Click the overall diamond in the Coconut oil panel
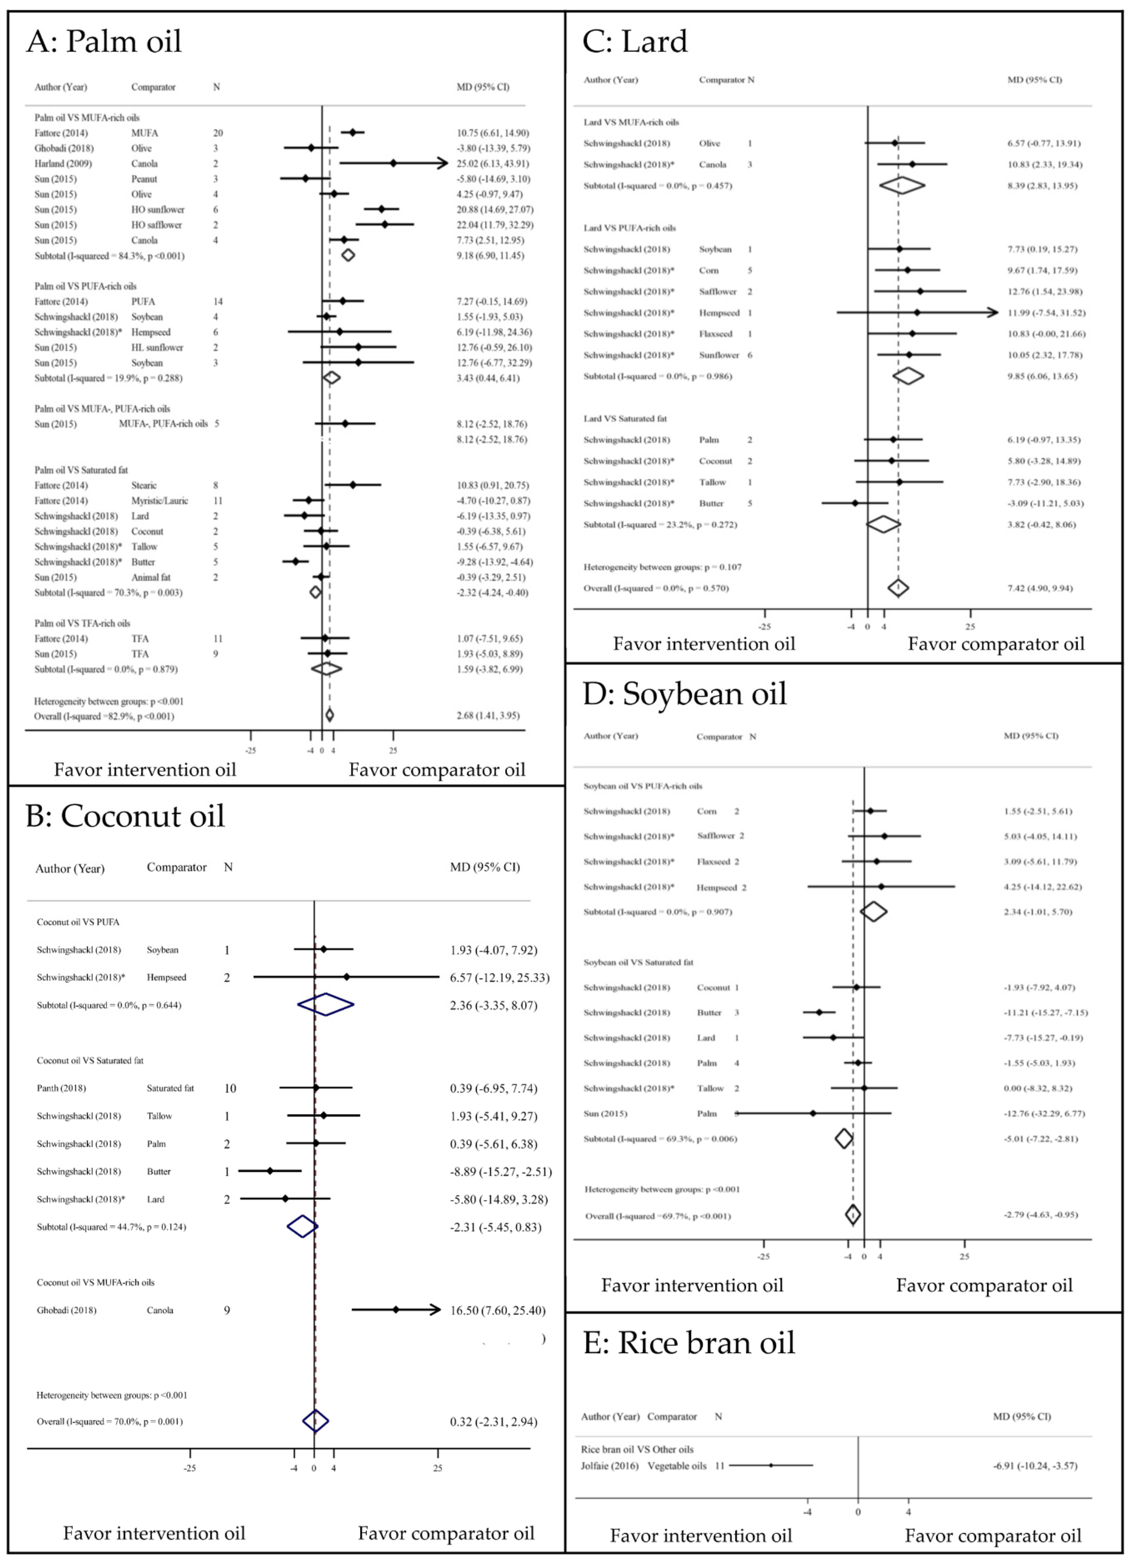tap(315, 1421)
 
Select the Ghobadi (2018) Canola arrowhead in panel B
tap(434, 1310)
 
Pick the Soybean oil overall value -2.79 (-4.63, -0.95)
tap(1040, 1214)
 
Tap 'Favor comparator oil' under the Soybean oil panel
tap(984, 1285)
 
